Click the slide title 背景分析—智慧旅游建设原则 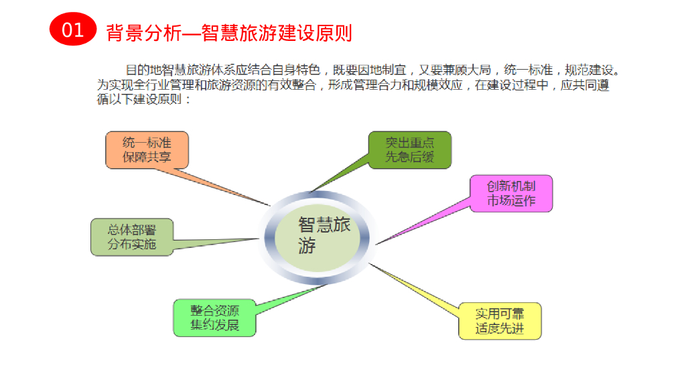(229, 31)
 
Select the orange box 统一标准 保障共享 (147, 149)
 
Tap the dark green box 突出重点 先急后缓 (409, 149)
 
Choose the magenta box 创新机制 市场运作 (510, 193)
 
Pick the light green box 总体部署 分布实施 (131, 237)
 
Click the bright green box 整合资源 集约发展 (214, 318)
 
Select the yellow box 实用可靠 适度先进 (500, 321)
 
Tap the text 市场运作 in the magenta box (510, 200)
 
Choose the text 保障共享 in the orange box (147, 157)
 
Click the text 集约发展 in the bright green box (214, 326)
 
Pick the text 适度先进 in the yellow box (500, 329)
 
